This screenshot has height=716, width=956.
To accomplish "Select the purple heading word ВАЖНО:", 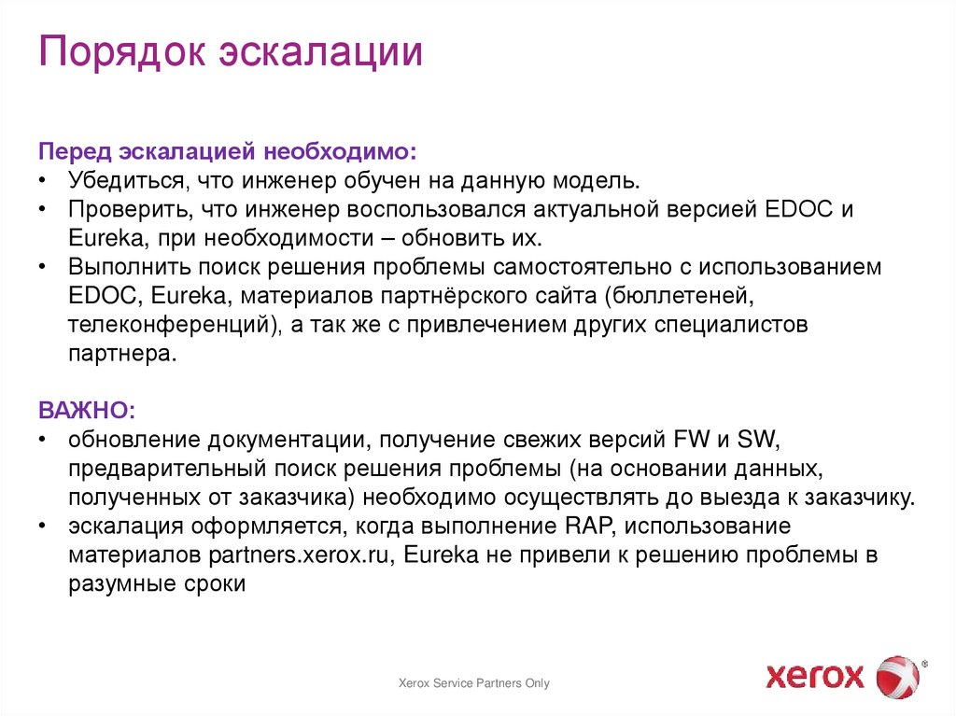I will [87, 412].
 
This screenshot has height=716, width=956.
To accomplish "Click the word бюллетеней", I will [681, 296].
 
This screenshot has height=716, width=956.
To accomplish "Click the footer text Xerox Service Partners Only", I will [474, 683].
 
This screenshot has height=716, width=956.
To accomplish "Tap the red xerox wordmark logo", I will [815, 675].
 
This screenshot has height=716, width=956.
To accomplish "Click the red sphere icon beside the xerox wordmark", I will [898, 676].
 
